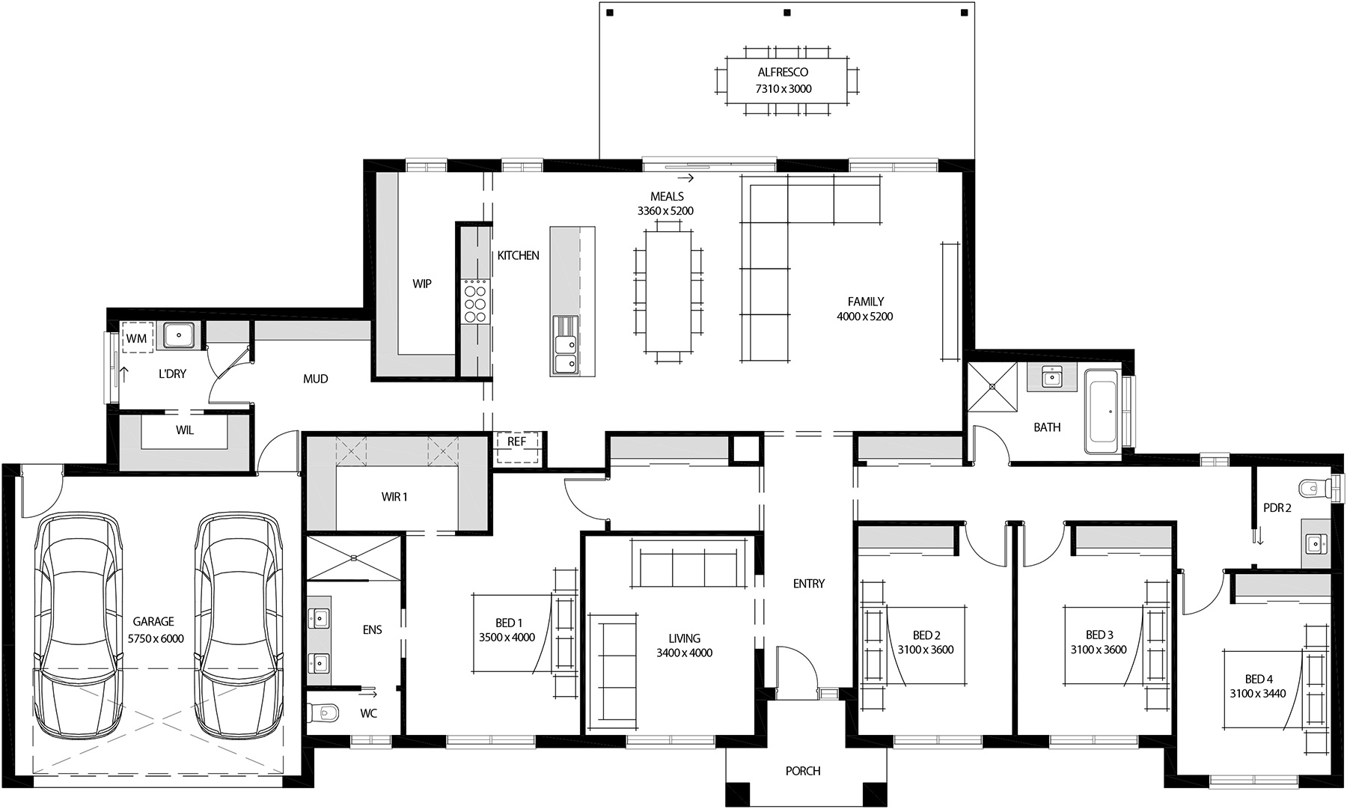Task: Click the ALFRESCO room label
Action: pyautogui.click(x=783, y=73)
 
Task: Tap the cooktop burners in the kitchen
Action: pyautogui.click(x=474, y=301)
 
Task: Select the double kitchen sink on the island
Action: pyautogui.click(x=565, y=346)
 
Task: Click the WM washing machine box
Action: pyautogui.click(x=136, y=338)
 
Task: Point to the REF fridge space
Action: pyautogui.click(x=516, y=442)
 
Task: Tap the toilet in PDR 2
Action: pyautogui.click(x=1316, y=489)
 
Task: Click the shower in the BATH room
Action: pyautogui.click(x=992, y=387)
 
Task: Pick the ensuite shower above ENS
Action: pyautogui.click(x=355, y=558)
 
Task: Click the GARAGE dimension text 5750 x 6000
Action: pyautogui.click(x=155, y=639)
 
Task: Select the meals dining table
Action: pyautogui.click(x=668, y=290)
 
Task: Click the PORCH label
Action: pyautogui.click(x=802, y=771)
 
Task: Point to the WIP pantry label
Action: pyautogui.click(x=422, y=284)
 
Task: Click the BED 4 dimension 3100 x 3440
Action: pyautogui.click(x=1257, y=694)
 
